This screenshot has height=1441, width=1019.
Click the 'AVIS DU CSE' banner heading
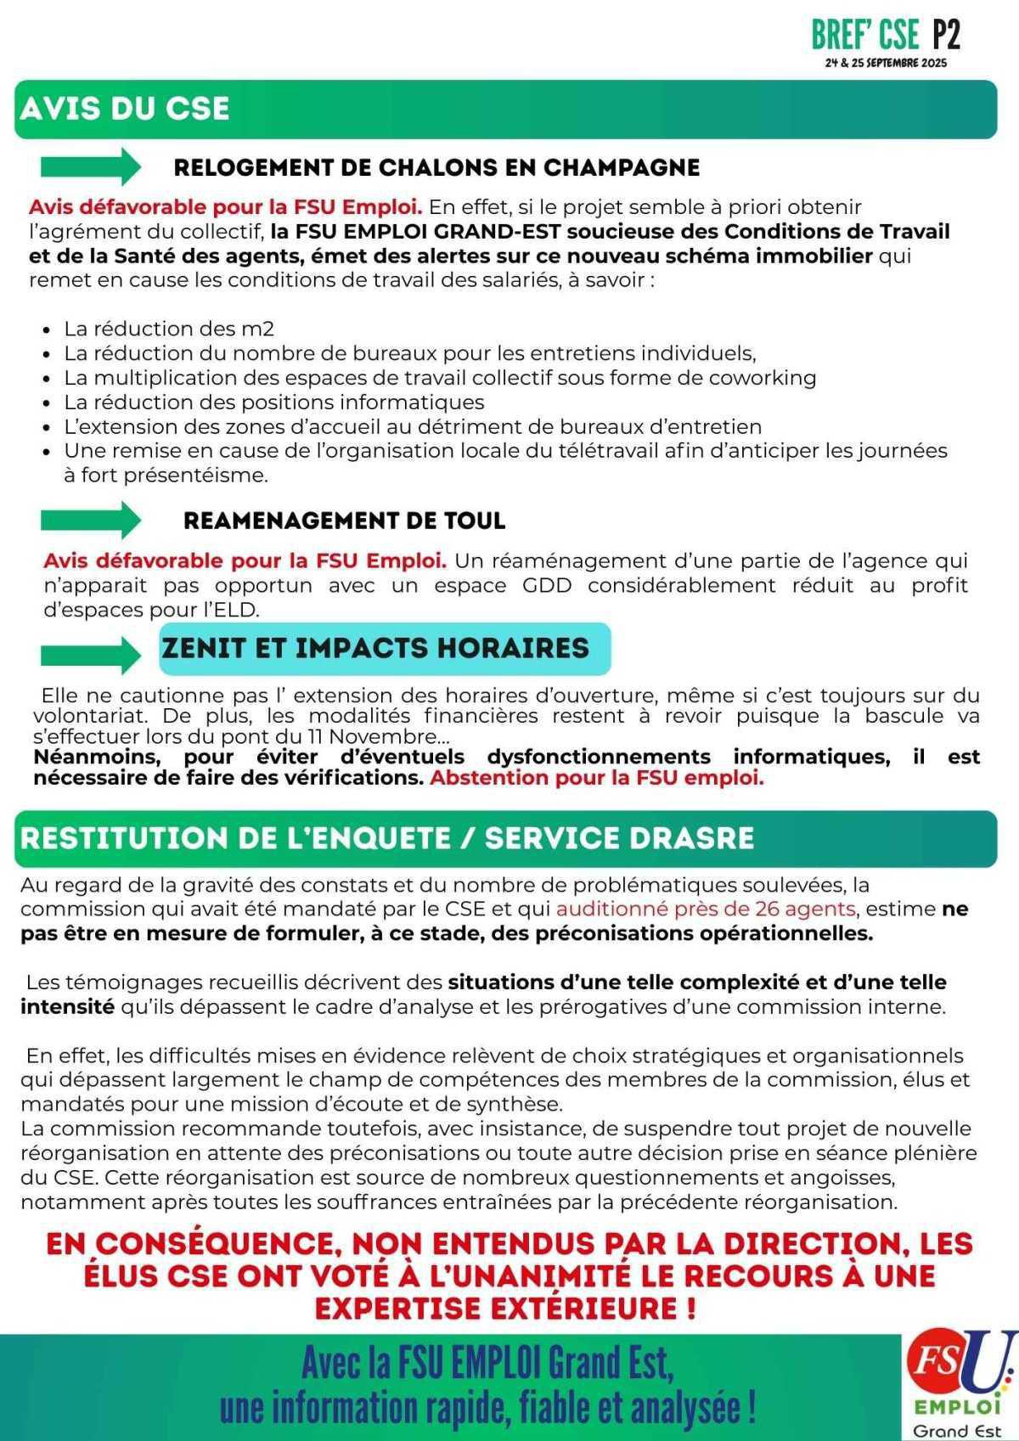click(125, 109)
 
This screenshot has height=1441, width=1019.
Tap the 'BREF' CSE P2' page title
click(885, 35)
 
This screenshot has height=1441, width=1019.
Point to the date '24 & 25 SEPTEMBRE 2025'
click(885, 64)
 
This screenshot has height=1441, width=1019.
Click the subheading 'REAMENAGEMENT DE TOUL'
click(344, 521)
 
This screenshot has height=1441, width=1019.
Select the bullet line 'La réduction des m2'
click(169, 329)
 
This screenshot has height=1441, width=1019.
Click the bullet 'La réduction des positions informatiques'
click(273, 402)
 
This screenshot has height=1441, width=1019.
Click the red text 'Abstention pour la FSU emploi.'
click(596, 778)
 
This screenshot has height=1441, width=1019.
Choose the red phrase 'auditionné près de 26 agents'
click(705, 909)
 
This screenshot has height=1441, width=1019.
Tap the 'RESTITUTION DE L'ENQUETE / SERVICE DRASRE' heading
click(386, 838)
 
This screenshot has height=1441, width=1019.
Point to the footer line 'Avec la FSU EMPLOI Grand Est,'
click(487, 1365)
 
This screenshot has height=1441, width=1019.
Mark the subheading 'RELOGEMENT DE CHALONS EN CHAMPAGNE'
click(436, 167)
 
